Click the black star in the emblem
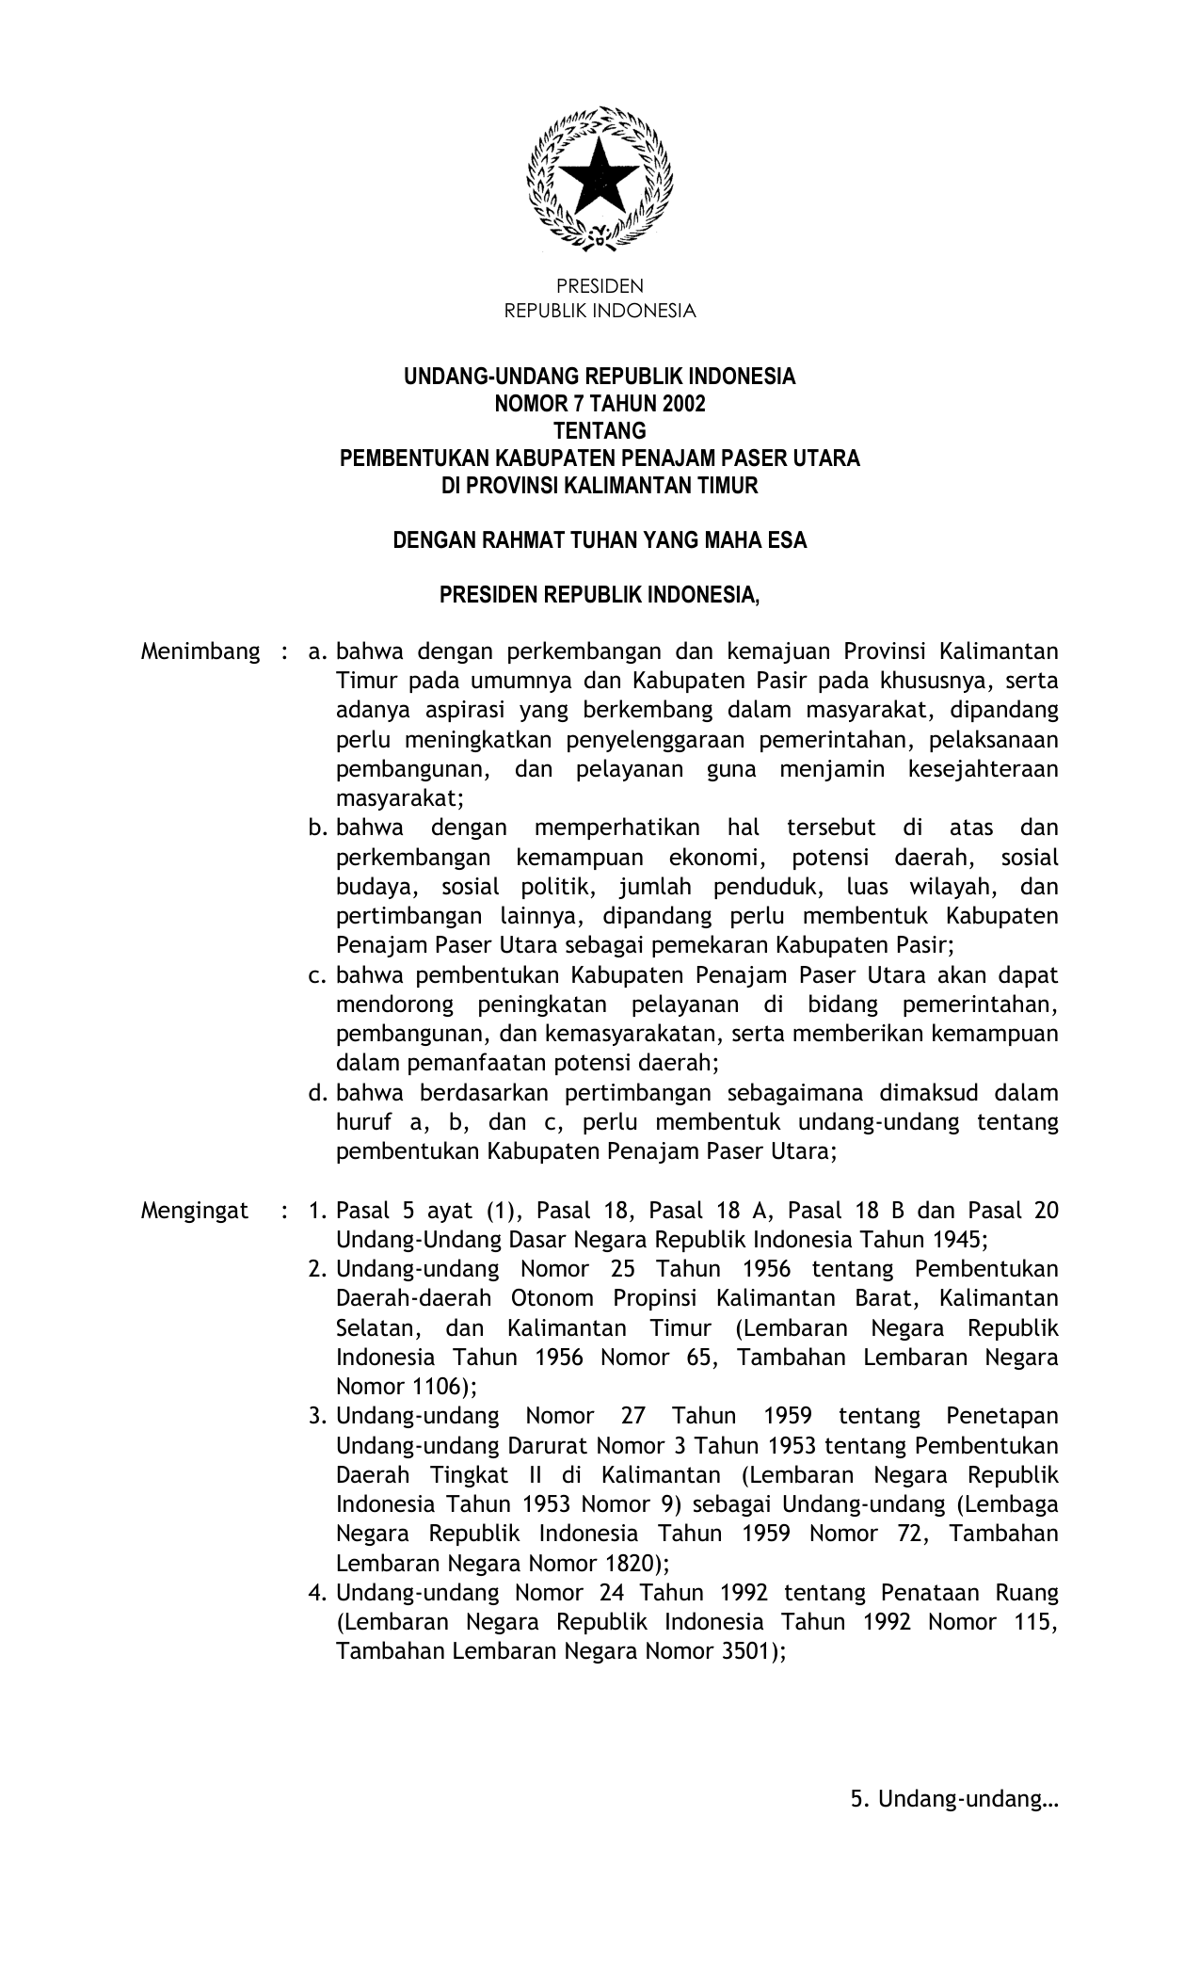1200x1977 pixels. (x=600, y=177)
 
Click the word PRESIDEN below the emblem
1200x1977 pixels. (x=600, y=286)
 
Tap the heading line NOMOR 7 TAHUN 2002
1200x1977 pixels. (x=600, y=404)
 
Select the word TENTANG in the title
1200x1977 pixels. (x=600, y=431)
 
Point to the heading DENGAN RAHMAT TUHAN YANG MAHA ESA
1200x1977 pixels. (x=600, y=541)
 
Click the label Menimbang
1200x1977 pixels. (x=200, y=651)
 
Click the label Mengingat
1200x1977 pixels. (x=195, y=1211)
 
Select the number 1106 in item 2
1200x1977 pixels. (x=433, y=1387)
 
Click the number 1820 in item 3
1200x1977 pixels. (x=627, y=1564)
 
